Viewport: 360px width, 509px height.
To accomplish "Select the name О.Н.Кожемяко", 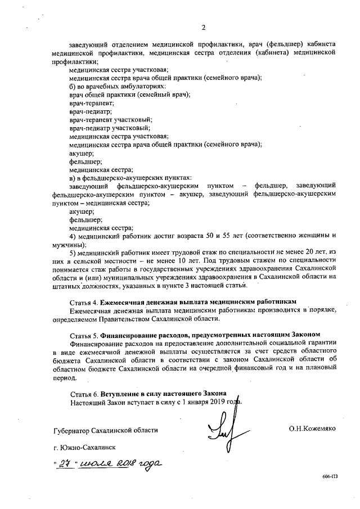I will click(x=312, y=429).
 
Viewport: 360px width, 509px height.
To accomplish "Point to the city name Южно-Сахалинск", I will click(x=85, y=448).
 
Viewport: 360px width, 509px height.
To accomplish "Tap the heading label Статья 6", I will click(x=87, y=393).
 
